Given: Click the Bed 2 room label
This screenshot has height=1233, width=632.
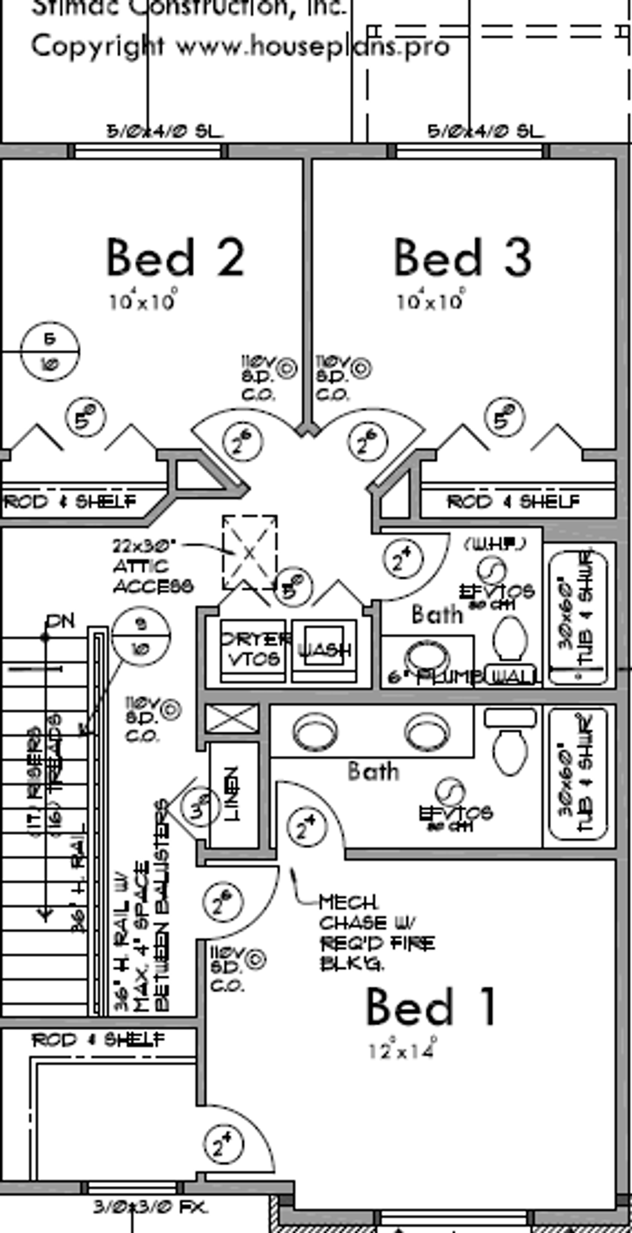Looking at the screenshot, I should point(175,258).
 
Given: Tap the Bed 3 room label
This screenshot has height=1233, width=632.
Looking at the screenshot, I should point(462,258).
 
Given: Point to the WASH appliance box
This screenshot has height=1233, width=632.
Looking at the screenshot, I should point(324,650).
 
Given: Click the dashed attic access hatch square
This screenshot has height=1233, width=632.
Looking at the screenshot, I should point(250,552).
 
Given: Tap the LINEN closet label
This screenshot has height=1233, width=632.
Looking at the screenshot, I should point(233,794).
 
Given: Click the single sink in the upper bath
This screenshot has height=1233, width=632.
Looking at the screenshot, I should point(427,656).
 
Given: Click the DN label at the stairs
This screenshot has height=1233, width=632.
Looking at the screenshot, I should point(60,622).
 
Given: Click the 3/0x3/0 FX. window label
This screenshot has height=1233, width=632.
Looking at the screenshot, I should point(150,1207).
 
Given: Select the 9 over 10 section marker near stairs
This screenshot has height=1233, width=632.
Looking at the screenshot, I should point(141,636).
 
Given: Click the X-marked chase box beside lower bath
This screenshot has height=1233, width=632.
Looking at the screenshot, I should point(233,718).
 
